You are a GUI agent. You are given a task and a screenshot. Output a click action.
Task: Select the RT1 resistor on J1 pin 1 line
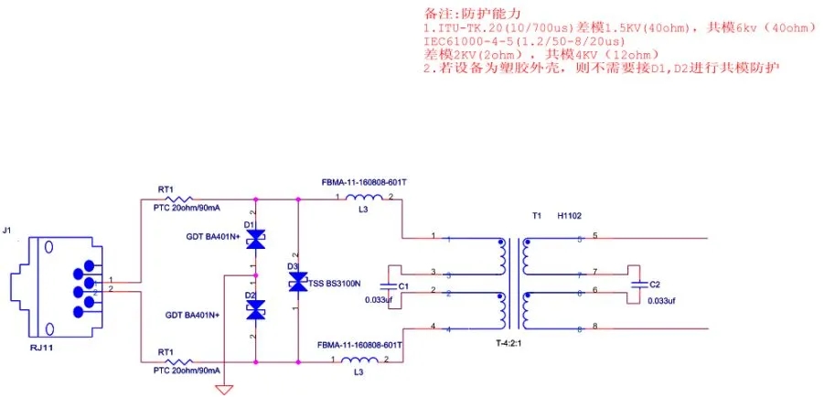click(x=177, y=199)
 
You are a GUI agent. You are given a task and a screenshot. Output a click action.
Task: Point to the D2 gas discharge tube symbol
click(x=255, y=310)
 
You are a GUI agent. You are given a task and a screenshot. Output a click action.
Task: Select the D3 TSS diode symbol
click(x=298, y=284)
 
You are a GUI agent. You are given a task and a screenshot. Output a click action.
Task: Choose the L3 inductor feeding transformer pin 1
click(x=364, y=199)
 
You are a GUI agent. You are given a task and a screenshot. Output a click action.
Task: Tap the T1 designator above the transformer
click(x=537, y=217)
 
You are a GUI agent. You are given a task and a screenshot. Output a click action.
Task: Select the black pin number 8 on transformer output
click(x=594, y=327)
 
